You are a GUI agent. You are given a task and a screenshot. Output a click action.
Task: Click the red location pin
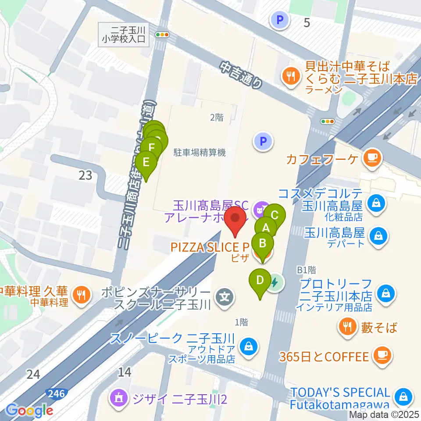point(237,219)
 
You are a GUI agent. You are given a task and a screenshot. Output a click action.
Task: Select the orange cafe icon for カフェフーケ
point(372,157)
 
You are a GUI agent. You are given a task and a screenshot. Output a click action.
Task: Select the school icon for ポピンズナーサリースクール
point(225,298)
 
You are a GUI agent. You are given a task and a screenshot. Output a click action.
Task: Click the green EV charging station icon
point(275,282)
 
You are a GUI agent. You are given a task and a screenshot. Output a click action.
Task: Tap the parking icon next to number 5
point(278,19)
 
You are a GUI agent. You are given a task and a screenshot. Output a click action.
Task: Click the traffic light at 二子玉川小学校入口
point(162,34)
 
